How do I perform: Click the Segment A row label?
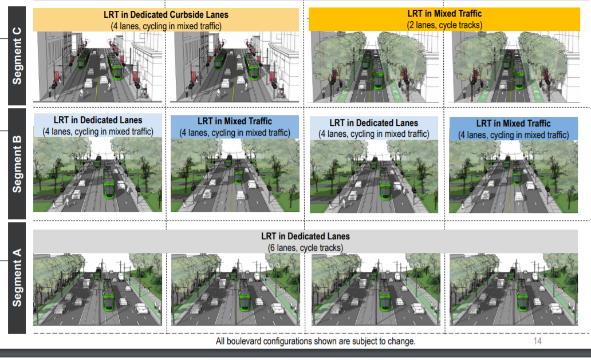[17, 277]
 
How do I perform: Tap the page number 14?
[537, 341]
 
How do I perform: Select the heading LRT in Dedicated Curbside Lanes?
[166, 14]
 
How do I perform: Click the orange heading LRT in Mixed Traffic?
[445, 13]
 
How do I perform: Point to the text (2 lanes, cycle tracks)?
[445, 25]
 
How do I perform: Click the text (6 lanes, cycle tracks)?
[305, 247]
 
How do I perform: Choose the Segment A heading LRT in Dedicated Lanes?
[305, 236]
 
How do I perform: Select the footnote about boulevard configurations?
[316, 341]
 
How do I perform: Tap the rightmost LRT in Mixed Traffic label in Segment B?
[513, 124]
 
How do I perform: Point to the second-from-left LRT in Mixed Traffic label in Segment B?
[235, 121]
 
